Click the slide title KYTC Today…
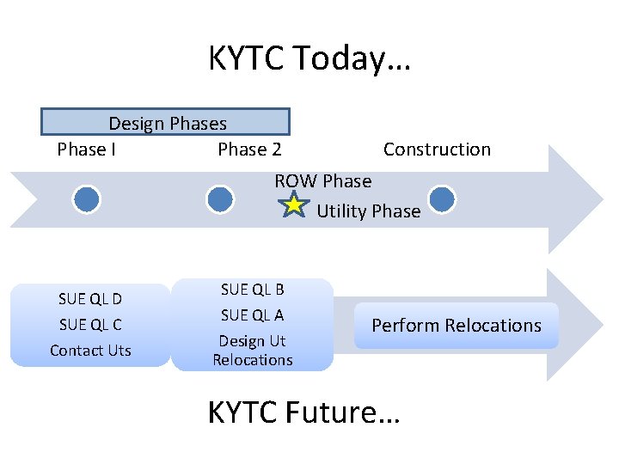pos(309,59)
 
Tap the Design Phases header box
pos(166,123)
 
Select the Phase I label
pos(87,150)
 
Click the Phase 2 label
pos(249,150)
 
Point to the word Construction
pos(437,150)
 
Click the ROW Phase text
pos(322,181)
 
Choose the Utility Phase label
pos(369,211)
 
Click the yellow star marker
pos(294,205)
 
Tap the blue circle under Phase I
pos(86,199)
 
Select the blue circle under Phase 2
pos(220,199)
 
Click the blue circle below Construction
pos(441,199)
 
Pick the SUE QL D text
pos(90,299)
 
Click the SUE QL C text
pos(90,324)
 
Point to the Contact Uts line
pos(90,350)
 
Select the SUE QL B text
pos(252,290)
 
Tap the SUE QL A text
pos(252,315)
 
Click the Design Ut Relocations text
pos(252,351)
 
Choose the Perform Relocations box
pos(456,326)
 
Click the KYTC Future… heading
pos(303,413)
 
